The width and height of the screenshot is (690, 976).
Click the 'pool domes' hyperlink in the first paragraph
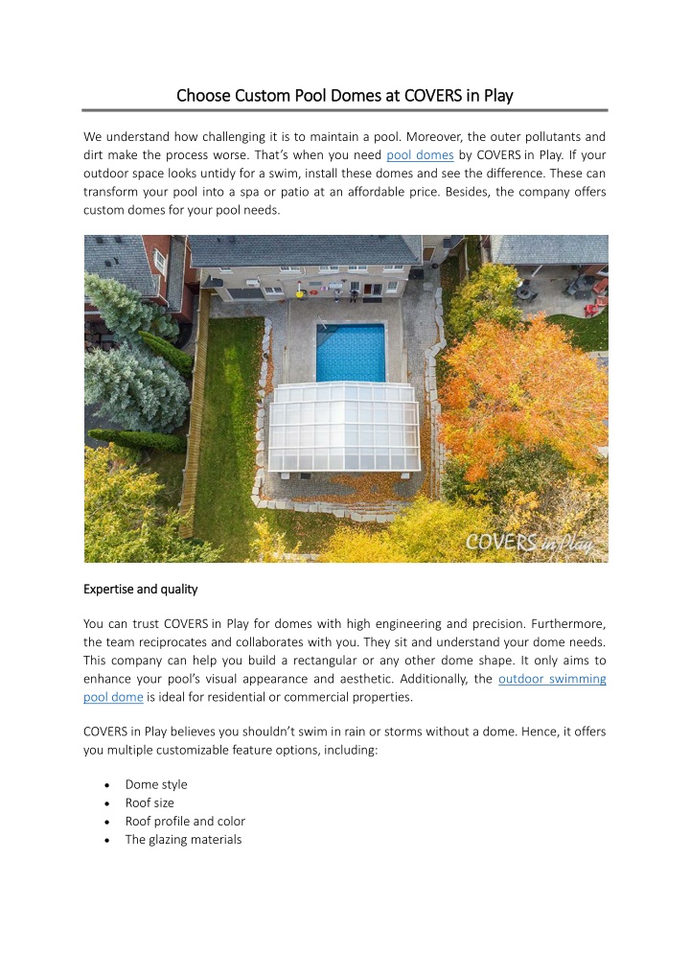tap(420, 155)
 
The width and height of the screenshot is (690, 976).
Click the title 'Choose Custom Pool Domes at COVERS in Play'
tap(345, 96)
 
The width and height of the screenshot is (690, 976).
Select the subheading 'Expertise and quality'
tap(140, 589)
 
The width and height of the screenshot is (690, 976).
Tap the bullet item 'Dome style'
tap(156, 784)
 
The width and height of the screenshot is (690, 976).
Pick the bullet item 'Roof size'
tap(149, 802)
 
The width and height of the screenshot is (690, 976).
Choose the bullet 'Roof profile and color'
tap(185, 821)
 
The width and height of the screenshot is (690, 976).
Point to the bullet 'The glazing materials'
tap(183, 839)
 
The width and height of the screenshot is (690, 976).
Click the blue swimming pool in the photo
tap(350, 352)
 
